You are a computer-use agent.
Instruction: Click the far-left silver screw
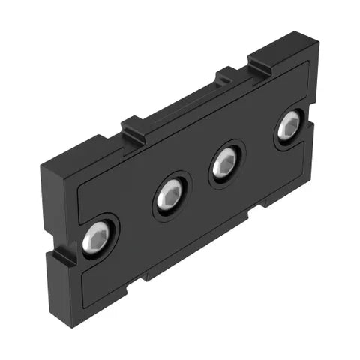coord(97,238)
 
